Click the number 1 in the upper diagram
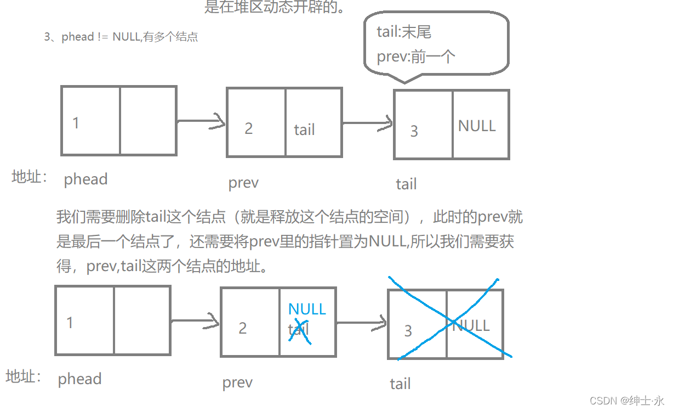(x=76, y=123)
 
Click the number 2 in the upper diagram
(x=249, y=128)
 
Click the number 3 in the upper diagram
(x=414, y=131)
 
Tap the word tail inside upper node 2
(x=304, y=130)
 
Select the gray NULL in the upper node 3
(x=477, y=126)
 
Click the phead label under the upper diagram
(x=85, y=179)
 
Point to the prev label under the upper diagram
(x=243, y=183)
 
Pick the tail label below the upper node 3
(x=406, y=184)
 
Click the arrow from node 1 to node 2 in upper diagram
(x=201, y=121)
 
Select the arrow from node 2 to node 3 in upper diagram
(x=368, y=123)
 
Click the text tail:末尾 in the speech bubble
(x=404, y=32)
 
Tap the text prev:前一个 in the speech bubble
(x=416, y=57)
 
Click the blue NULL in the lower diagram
(x=307, y=309)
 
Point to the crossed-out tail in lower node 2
(x=299, y=330)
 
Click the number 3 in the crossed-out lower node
(x=408, y=331)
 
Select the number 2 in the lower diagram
(x=243, y=328)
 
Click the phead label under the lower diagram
(x=79, y=379)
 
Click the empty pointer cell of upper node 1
(x=148, y=121)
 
